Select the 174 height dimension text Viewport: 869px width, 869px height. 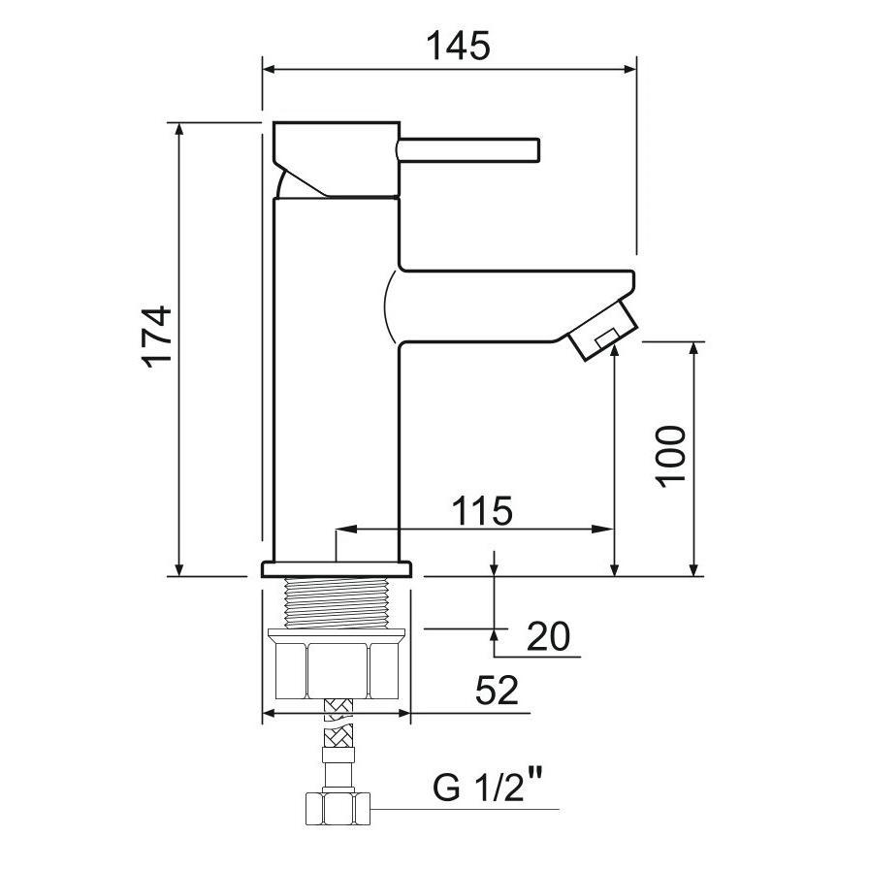pos(156,337)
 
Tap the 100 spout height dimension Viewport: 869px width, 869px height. pos(670,456)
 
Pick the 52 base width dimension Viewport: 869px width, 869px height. pos(497,692)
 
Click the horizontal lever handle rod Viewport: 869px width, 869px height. pos(468,149)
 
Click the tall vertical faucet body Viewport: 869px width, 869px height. pos(336,388)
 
